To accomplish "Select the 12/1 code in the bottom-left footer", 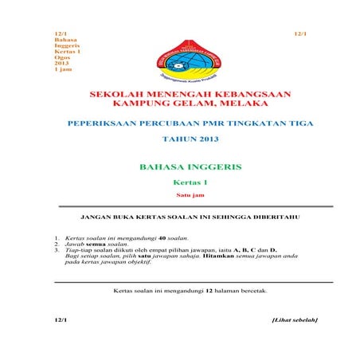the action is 61,320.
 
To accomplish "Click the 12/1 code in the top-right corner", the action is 300,33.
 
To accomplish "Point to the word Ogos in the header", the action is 60,57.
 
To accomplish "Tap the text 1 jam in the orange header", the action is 62,69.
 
